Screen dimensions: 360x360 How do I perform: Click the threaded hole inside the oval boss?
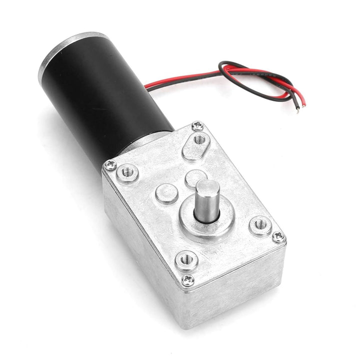[199, 138]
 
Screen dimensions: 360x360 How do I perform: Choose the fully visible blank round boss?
[166, 192]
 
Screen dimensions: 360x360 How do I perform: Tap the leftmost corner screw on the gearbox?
[109, 164]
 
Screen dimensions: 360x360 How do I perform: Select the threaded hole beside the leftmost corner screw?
[127, 173]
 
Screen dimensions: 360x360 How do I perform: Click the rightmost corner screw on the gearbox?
[278, 236]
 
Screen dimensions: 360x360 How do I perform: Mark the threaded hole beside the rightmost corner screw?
[260, 225]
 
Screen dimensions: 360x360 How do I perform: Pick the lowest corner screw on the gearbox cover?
[187, 279]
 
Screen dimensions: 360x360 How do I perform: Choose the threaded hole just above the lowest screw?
[186, 259]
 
